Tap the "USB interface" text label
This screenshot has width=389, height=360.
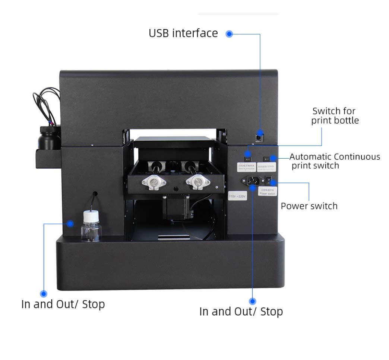[183, 33]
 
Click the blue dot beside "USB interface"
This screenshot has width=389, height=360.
[229, 34]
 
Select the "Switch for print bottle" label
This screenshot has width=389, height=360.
[335, 116]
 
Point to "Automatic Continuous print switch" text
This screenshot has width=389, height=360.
[335, 161]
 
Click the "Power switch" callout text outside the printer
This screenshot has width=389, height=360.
[309, 206]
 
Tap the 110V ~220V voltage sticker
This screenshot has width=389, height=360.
[237, 196]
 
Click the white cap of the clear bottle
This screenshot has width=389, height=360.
[91, 216]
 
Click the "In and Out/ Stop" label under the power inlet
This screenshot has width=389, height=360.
[241, 311]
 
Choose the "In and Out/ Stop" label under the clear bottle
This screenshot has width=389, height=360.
[63, 304]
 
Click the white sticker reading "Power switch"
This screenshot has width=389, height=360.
[267, 192]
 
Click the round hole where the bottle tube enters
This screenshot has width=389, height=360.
[95, 194]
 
